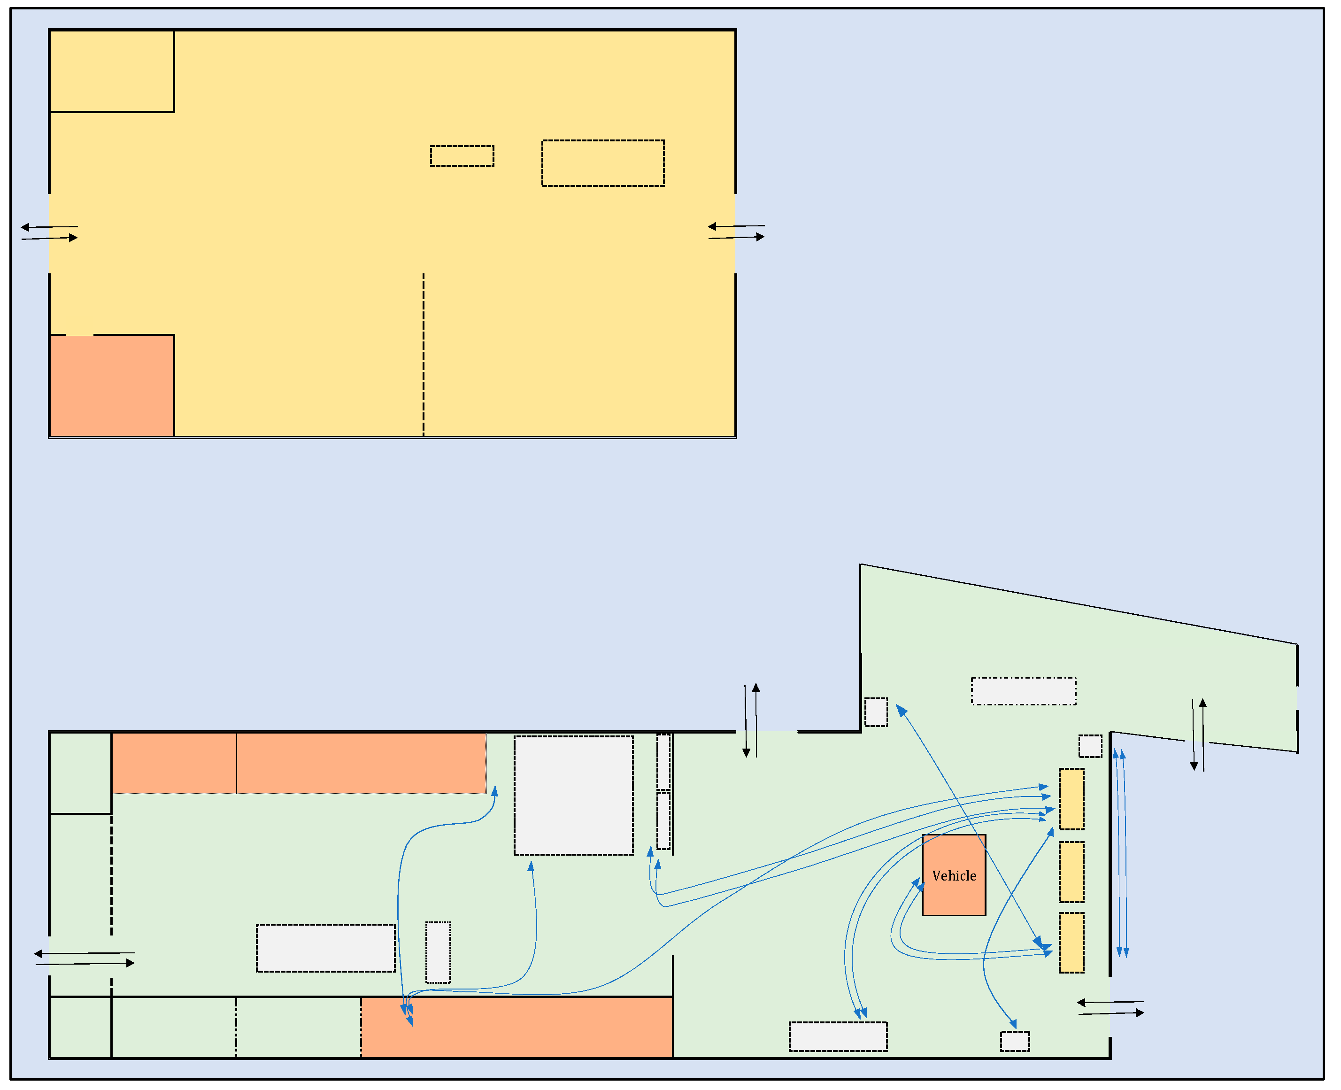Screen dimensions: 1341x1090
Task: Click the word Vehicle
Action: [954, 876]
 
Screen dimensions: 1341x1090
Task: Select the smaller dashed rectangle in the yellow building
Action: [462, 156]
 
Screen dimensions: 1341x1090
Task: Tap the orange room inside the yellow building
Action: [112, 386]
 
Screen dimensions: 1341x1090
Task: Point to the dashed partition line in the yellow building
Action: [423, 355]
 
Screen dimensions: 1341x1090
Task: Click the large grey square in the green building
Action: [573, 796]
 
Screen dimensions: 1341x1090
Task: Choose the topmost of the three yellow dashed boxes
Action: [1071, 799]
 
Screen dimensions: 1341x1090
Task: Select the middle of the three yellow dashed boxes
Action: [1071, 872]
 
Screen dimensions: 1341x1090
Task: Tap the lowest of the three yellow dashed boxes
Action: [1071, 943]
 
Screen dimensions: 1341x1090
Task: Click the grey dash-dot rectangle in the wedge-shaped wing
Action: [1023, 691]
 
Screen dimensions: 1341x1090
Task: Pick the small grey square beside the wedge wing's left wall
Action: [876, 712]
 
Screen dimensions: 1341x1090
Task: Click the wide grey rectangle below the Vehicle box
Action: [838, 1036]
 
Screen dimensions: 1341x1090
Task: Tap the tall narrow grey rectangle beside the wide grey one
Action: [438, 952]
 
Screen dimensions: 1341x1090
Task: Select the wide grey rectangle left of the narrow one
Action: [325, 948]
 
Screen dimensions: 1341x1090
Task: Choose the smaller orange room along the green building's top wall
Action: [174, 763]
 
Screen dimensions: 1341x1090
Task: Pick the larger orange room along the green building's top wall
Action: [361, 763]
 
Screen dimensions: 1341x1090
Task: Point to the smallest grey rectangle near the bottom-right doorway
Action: [1015, 1041]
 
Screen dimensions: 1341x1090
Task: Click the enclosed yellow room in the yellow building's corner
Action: [112, 71]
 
